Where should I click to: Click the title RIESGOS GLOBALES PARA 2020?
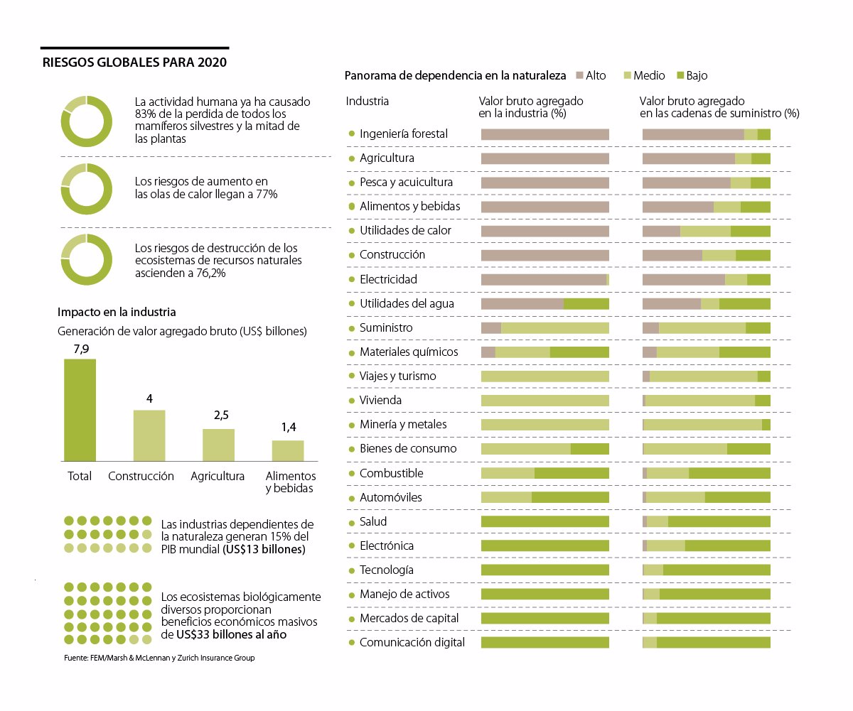click(x=134, y=62)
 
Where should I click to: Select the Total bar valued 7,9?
click(x=80, y=410)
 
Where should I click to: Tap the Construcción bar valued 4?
click(x=149, y=435)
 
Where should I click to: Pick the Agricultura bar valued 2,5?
click(x=218, y=445)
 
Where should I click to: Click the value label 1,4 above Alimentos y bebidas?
click(x=289, y=428)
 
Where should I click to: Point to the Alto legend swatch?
click(x=579, y=75)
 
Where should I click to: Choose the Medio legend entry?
click(x=645, y=75)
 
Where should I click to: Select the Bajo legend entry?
click(x=692, y=75)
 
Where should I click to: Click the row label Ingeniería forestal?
click(x=404, y=134)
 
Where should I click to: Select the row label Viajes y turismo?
click(x=397, y=376)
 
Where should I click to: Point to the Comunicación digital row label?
click(x=412, y=642)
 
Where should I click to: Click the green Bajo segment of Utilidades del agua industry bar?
click(x=586, y=304)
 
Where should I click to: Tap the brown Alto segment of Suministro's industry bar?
click(x=491, y=327)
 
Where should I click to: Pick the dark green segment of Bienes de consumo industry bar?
click(x=590, y=449)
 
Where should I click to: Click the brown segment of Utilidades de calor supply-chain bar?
click(x=661, y=231)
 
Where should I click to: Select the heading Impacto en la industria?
click(x=117, y=313)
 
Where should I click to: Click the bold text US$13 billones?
click(x=264, y=549)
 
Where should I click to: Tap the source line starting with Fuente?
click(x=159, y=658)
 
